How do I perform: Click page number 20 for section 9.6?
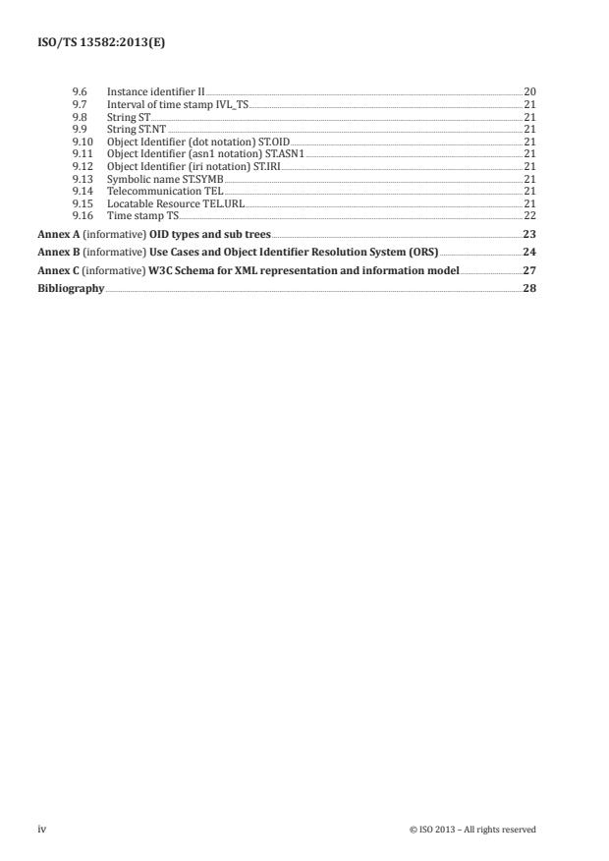(529, 91)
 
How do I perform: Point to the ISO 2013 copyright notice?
(472, 830)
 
